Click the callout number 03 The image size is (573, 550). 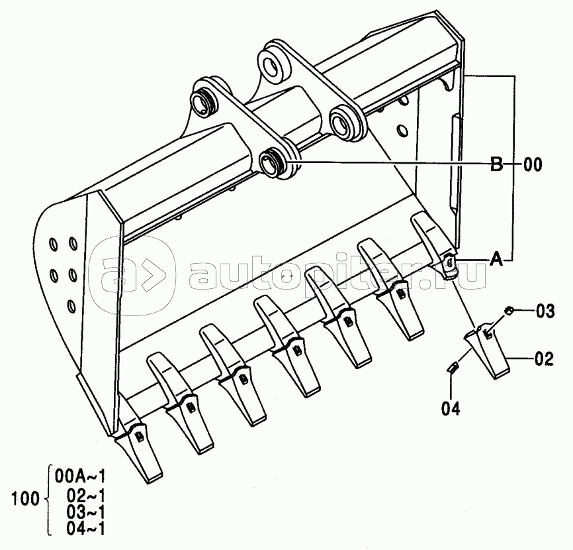click(545, 311)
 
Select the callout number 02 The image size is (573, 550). click(544, 359)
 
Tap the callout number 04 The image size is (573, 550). click(451, 408)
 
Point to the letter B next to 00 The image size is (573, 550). click(497, 165)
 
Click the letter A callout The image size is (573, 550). click(496, 260)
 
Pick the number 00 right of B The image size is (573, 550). click(533, 165)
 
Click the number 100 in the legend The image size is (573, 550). click(25, 499)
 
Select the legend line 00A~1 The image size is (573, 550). click(80, 476)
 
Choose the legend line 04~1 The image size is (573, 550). click(86, 528)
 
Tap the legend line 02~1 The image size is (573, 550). click(86, 496)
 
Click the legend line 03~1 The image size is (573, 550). click(86, 512)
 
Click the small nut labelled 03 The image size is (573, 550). click(507, 311)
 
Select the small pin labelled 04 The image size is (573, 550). click(453, 367)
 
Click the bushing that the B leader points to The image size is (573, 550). click(273, 162)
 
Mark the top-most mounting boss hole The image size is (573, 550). click(274, 62)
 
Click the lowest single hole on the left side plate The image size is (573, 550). click(71, 305)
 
